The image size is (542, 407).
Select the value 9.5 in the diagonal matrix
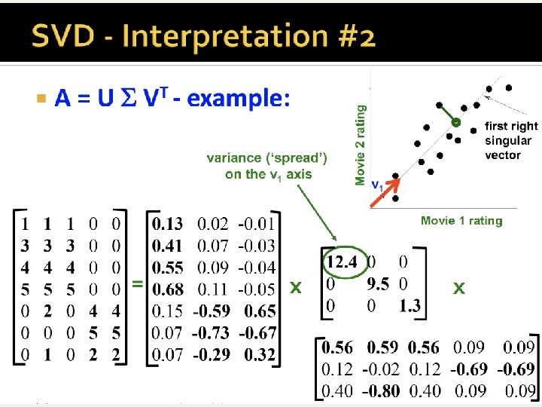pos(379,283)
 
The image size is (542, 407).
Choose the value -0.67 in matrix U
pos(257,333)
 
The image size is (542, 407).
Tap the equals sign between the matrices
pos(138,284)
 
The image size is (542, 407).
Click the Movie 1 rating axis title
pos(461,221)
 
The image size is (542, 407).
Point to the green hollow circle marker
pos(455,121)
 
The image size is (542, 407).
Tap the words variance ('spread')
pos(267,158)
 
